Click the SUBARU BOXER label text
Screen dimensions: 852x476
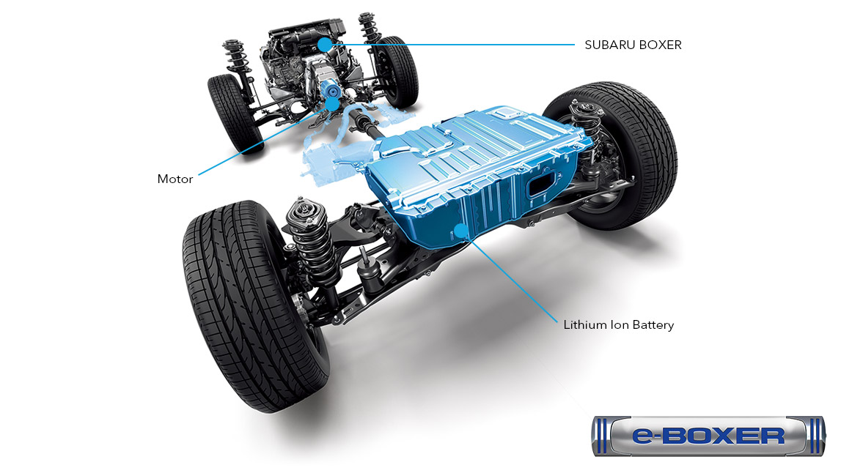tap(633, 45)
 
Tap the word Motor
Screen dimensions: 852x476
tap(175, 179)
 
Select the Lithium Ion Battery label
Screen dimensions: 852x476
tap(618, 324)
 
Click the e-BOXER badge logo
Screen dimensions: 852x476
tap(708, 436)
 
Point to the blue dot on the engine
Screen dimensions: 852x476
tap(324, 45)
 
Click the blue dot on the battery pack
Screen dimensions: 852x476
tap(461, 231)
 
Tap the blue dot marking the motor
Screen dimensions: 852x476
tap(333, 104)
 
